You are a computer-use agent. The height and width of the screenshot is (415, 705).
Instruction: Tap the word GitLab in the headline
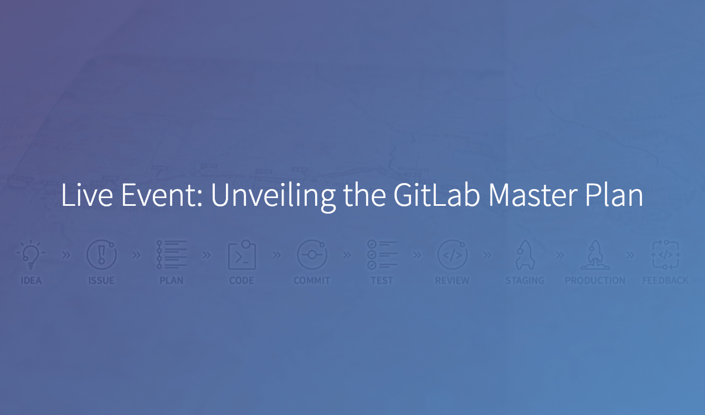[x=436, y=195]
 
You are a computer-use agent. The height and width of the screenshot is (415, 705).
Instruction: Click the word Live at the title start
[x=87, y=195]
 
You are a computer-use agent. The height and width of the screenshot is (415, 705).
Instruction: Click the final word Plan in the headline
[x=614, y=195]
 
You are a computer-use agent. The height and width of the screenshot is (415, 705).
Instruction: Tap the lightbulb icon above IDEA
[x=30, y=255]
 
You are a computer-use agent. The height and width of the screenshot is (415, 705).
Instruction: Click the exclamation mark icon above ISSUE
[x=101, y=255]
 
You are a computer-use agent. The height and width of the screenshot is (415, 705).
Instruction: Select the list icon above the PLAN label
[x=172, y=255]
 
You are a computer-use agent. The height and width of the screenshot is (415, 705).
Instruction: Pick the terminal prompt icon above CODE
[x=241, y=255]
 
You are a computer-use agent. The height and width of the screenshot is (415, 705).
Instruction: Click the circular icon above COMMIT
[x=312, y=255]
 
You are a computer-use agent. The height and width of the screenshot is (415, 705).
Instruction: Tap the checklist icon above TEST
[x=382, y=255]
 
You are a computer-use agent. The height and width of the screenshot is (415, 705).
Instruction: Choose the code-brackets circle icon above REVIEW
[x=452, y=255]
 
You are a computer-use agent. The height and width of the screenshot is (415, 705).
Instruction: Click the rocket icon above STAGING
[x=525, y=255]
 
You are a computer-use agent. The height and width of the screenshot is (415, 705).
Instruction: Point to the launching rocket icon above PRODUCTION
[x=595, y=255]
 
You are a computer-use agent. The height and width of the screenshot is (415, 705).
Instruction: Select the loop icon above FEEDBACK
[x=665, y=255]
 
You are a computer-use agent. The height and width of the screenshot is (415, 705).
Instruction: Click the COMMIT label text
[x=312, y=280]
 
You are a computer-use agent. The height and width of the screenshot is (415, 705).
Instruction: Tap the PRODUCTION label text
[x=595, y=280]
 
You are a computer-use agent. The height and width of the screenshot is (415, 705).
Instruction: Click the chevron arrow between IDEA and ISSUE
[x=66, y=255]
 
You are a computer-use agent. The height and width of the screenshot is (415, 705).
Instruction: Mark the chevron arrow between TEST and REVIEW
[x=417, y=255]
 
